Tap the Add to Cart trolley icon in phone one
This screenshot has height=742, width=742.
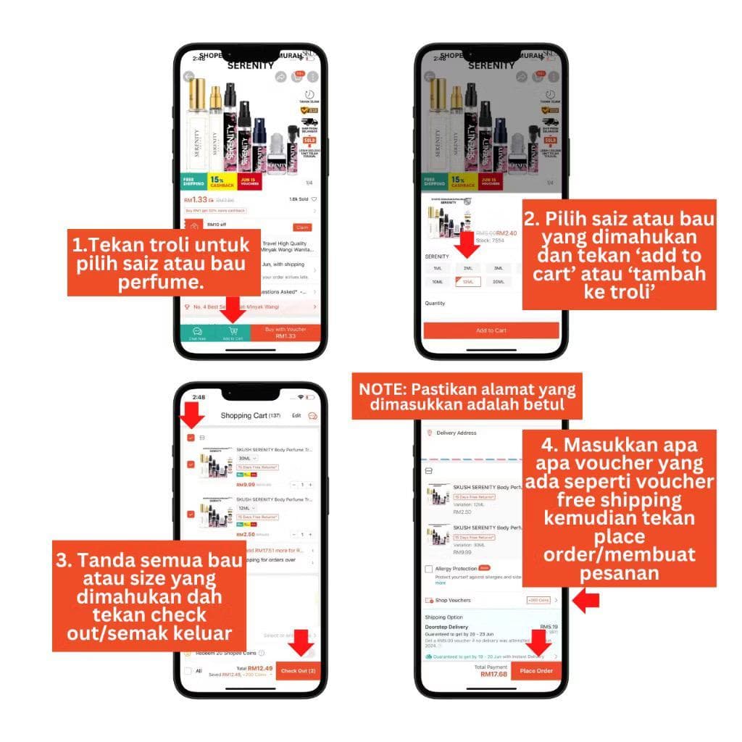233,332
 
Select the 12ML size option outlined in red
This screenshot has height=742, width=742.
467,282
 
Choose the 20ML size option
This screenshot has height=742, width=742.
498,282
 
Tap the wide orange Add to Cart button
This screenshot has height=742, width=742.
491,330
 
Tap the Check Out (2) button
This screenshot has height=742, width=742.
298,670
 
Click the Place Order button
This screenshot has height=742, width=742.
536,670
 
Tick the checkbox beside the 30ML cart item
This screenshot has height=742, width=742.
191,464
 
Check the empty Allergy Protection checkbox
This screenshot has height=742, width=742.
430,570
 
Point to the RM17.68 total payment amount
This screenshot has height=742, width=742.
493,675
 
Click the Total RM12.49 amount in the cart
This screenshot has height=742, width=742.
259,667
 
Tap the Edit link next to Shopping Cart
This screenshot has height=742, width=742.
296,415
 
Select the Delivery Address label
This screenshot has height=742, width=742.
457,433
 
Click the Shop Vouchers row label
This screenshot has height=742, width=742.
453,600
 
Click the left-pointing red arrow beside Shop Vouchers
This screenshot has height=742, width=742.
585,600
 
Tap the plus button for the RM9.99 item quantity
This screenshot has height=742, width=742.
310,484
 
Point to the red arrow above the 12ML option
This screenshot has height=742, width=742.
469,245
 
